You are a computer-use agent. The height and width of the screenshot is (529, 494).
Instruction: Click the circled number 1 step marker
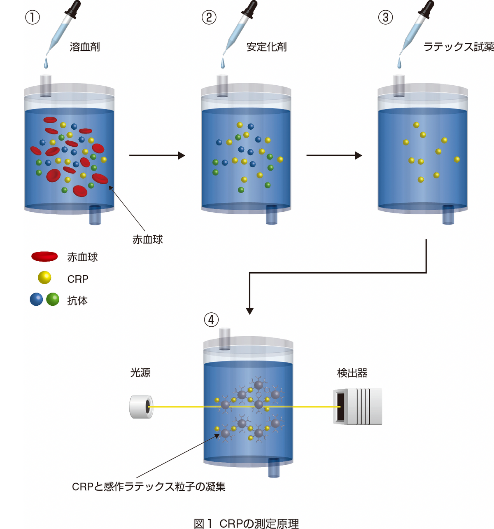(33, 17)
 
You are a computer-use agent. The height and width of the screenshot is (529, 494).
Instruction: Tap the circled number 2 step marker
(209, 17)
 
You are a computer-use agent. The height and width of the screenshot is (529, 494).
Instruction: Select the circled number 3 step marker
(385, 17)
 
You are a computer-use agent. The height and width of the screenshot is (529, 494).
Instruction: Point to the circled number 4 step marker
(211, 320)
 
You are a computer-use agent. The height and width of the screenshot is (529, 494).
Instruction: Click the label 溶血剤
(85, 47)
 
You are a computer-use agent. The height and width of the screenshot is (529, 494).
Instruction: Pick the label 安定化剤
(266, 47)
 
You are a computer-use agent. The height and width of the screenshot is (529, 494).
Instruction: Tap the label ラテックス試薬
(458, 47)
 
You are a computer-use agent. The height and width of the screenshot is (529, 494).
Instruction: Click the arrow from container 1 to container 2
(157, 155)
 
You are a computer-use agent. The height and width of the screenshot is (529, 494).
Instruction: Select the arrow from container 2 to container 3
(334, 155)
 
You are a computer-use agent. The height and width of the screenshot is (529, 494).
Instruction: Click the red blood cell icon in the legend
(44, 257)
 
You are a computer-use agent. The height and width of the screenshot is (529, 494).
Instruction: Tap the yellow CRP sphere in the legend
(44, 278)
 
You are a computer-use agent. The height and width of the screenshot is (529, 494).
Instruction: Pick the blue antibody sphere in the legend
(36, 300)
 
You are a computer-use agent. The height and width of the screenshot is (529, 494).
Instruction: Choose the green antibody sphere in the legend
(53, 300)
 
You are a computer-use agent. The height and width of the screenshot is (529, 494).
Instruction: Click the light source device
(141, 407)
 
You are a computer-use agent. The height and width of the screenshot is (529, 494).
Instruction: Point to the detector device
(357, 407)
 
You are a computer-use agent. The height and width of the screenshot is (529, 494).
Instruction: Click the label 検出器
(352, 373)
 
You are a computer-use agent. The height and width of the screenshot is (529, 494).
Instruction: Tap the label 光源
(140, 373)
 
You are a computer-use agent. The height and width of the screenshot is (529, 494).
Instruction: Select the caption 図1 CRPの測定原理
(246, 524)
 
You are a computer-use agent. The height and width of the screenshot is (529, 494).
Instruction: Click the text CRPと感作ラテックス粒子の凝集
(149, 487)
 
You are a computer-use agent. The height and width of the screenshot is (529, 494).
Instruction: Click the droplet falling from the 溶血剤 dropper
(46, 63)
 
